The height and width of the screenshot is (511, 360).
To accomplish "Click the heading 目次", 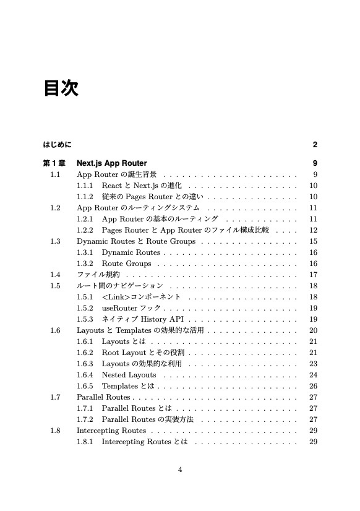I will [x=61, y=88].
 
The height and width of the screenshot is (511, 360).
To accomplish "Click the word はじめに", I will [x=57, y=145].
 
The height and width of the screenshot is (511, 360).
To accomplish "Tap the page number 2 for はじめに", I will [x=315, y=145].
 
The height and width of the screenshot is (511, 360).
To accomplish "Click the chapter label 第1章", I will [x=54, y=163].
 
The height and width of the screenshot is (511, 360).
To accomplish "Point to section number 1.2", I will [x=56, y=208].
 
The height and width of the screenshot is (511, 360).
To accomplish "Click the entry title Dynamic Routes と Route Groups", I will [x=136, y=241].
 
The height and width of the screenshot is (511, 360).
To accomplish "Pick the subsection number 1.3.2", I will [x=85, y=264].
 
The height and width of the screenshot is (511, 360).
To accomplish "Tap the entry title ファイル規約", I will [x=98, y=275].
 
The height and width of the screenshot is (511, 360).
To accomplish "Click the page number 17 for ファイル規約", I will [x=313, y=275].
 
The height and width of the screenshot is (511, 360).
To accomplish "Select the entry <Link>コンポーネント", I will [x=142, y=297].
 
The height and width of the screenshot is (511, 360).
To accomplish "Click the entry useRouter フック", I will [x=131, y=308].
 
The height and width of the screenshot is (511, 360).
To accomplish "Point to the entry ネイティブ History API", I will [x=143, y=319].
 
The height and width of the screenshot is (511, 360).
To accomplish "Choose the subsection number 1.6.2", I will [x=85, y=353].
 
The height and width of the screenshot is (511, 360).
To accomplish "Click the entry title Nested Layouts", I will [x=129, y=375].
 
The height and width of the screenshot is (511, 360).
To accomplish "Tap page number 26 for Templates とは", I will [x=313, y=386].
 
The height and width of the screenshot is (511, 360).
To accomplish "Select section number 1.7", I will [x=56, y=397].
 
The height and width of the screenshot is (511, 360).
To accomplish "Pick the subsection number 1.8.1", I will [x=85, y=442].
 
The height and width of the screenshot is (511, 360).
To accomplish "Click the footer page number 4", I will [x=180, y=470].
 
